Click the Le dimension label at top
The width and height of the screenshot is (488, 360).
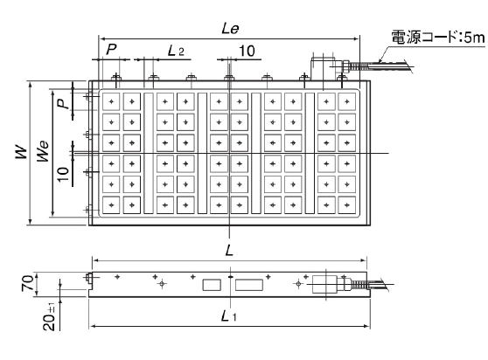coord(230,29)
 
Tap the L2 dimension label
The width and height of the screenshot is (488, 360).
coord(176,51)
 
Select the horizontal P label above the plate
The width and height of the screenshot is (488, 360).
coord(111,49)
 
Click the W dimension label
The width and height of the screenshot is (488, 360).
coord(22,152)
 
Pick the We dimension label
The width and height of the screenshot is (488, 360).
coord(43,151)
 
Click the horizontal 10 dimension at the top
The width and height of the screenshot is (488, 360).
coord(247,51)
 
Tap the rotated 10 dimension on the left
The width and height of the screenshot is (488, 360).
coord(63,175)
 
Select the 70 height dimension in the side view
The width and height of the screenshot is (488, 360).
coord(28,283)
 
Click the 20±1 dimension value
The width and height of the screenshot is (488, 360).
coord(49,316)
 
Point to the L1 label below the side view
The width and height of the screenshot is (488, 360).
coord(229,316)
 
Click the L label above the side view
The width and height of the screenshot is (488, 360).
coord(229,250)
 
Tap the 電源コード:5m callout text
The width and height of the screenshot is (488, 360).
coord(438,37)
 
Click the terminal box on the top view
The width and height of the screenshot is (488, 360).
coord(323,67)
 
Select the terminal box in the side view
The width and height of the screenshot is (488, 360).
coord(324,284)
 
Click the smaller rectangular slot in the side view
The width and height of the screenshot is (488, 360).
coord(212,285)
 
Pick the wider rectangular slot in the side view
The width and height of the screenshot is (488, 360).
coord(249,285)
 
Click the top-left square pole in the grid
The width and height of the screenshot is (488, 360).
coord(111,101)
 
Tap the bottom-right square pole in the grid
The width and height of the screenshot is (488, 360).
coord(346,205)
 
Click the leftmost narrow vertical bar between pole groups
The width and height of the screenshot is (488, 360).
coord(149,153)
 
